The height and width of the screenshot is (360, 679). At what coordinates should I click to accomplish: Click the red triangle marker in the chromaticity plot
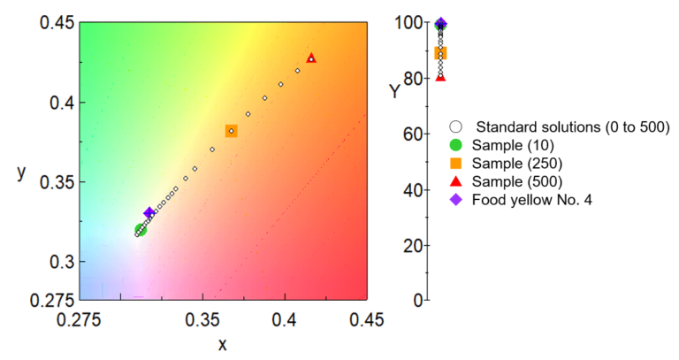[311, 57]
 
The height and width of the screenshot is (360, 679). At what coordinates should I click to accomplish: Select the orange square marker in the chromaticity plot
[232, 131]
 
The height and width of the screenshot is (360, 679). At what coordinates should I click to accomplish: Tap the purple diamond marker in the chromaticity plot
[149, 213]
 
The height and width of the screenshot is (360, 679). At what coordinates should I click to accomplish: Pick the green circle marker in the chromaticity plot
[140, 231]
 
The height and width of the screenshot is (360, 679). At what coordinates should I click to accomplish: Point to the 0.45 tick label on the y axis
[56, 21]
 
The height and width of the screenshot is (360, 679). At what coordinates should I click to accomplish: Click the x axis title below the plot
[222, 344]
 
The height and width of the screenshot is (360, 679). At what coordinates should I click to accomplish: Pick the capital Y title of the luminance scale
[394, 89]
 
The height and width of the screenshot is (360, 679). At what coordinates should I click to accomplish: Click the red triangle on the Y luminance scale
[440, 77]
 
